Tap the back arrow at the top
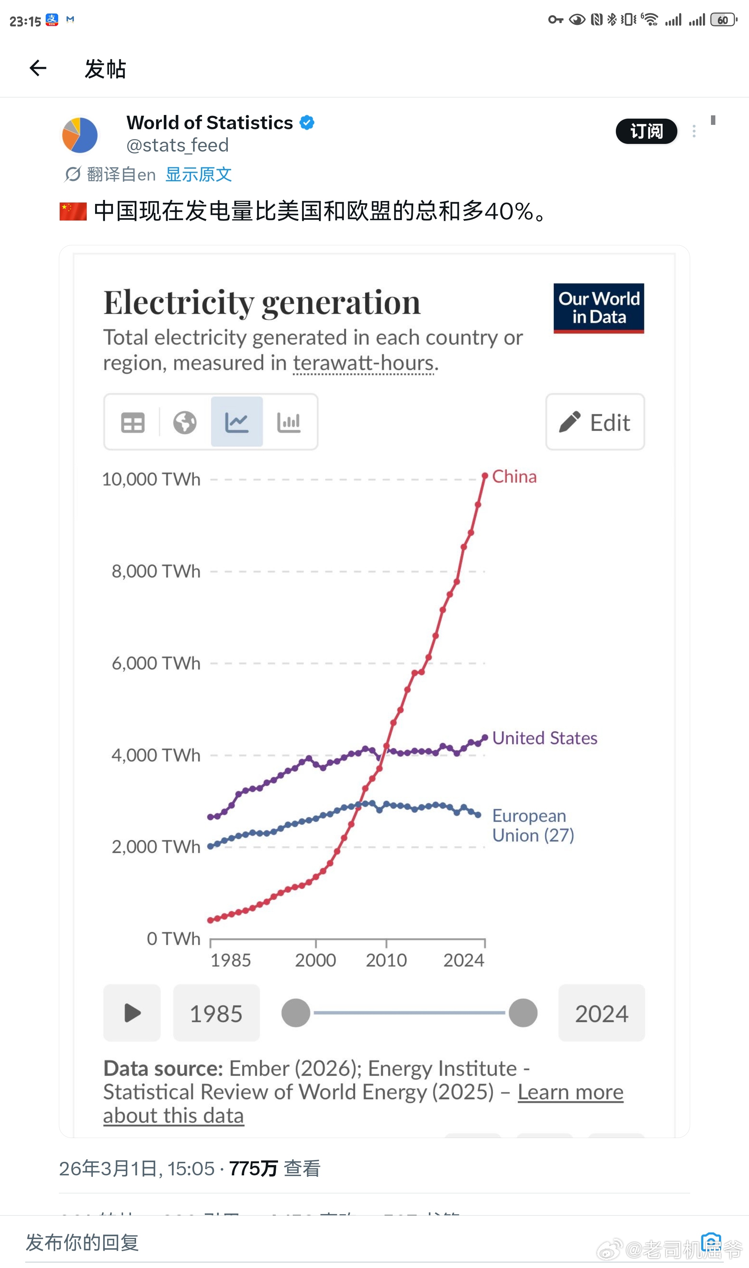click(38, 68)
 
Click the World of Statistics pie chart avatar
click(80, 135)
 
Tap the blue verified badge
click(307, 123)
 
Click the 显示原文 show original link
click(198, 174)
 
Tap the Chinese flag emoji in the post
click(73, 211)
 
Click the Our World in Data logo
click(599, 308)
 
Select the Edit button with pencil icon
click(595, 422)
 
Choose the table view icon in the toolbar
click(133, 422)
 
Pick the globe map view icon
click(185, 422)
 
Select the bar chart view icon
click(289, 422)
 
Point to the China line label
click(514, 476)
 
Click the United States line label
click(545, 738)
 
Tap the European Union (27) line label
click(533, 825)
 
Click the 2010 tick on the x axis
click(386, 960)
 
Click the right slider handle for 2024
click(523, 1013)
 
